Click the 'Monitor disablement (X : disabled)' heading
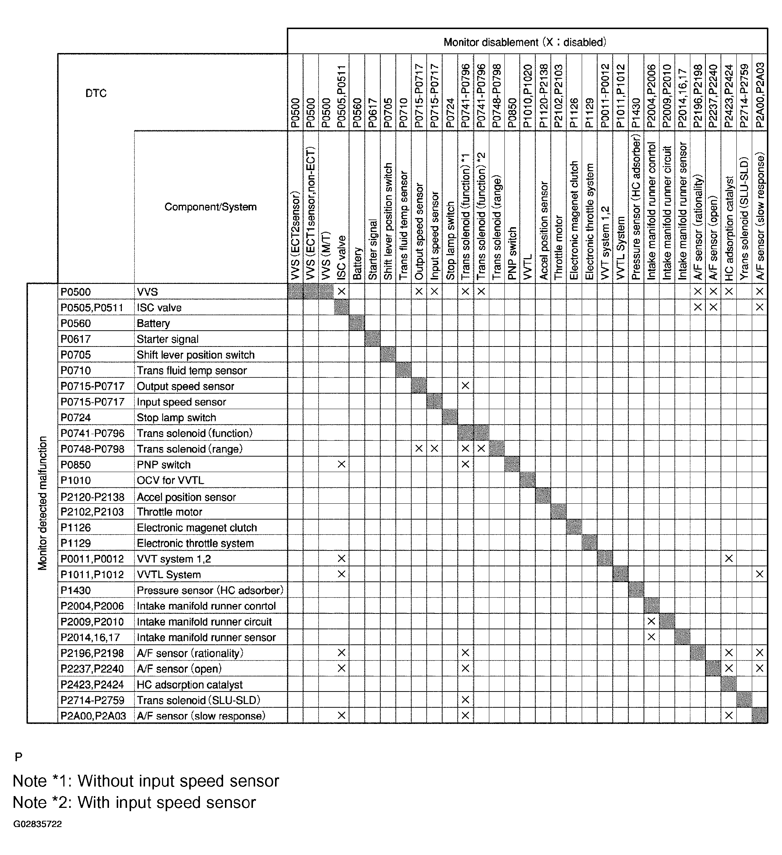click(525, 42)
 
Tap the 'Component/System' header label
click(210, 207)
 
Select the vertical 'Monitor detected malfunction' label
click(42, 503)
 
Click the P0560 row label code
click(75, 324)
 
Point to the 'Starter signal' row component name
click(168, 339)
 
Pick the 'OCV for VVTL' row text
click(170, 481)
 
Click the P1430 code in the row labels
click(75, 590)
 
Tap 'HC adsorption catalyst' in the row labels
click(190, 685)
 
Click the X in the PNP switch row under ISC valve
click(341, 464)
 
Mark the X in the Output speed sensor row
click(465, 386)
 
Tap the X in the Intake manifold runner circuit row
click(651, 622)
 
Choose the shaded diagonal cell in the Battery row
click(357, 323)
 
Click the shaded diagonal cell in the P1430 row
click(636, 590)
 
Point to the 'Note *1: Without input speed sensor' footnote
click(146, 781)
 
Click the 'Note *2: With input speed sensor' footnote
click(134, 802)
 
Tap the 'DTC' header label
click(96, 93)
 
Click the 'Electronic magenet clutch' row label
click(197, 528)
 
